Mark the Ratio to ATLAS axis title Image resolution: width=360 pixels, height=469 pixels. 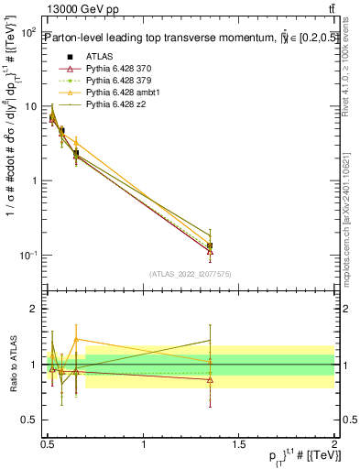point(13,364)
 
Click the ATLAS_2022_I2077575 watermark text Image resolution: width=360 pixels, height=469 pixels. point(191,274)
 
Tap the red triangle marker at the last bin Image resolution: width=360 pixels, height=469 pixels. point(211,251)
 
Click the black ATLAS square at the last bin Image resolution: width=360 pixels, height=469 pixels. point(211,245)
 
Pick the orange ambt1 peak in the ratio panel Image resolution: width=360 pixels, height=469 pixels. point(76,339)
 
